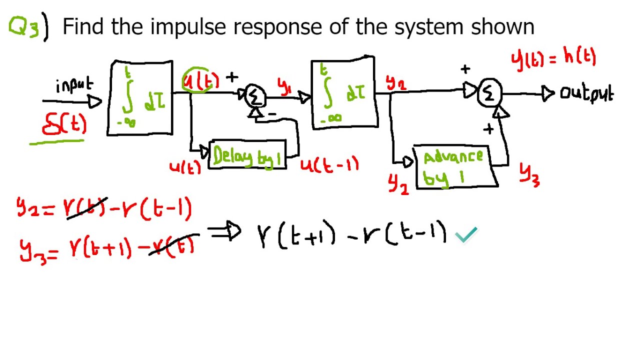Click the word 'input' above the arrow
[x=74, y=85]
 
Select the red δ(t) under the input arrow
[x=64, y=124]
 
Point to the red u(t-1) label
[x=329, y=165]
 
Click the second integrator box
[x=343, y=93]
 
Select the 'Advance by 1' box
[x=454, y=166]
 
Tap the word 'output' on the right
[x=586, y=93]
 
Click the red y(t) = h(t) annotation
[x=553, y=58]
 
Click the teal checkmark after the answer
[x=466, y=234]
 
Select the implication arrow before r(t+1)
[x=224, y=232]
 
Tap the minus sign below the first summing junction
[x=272, y=114]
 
